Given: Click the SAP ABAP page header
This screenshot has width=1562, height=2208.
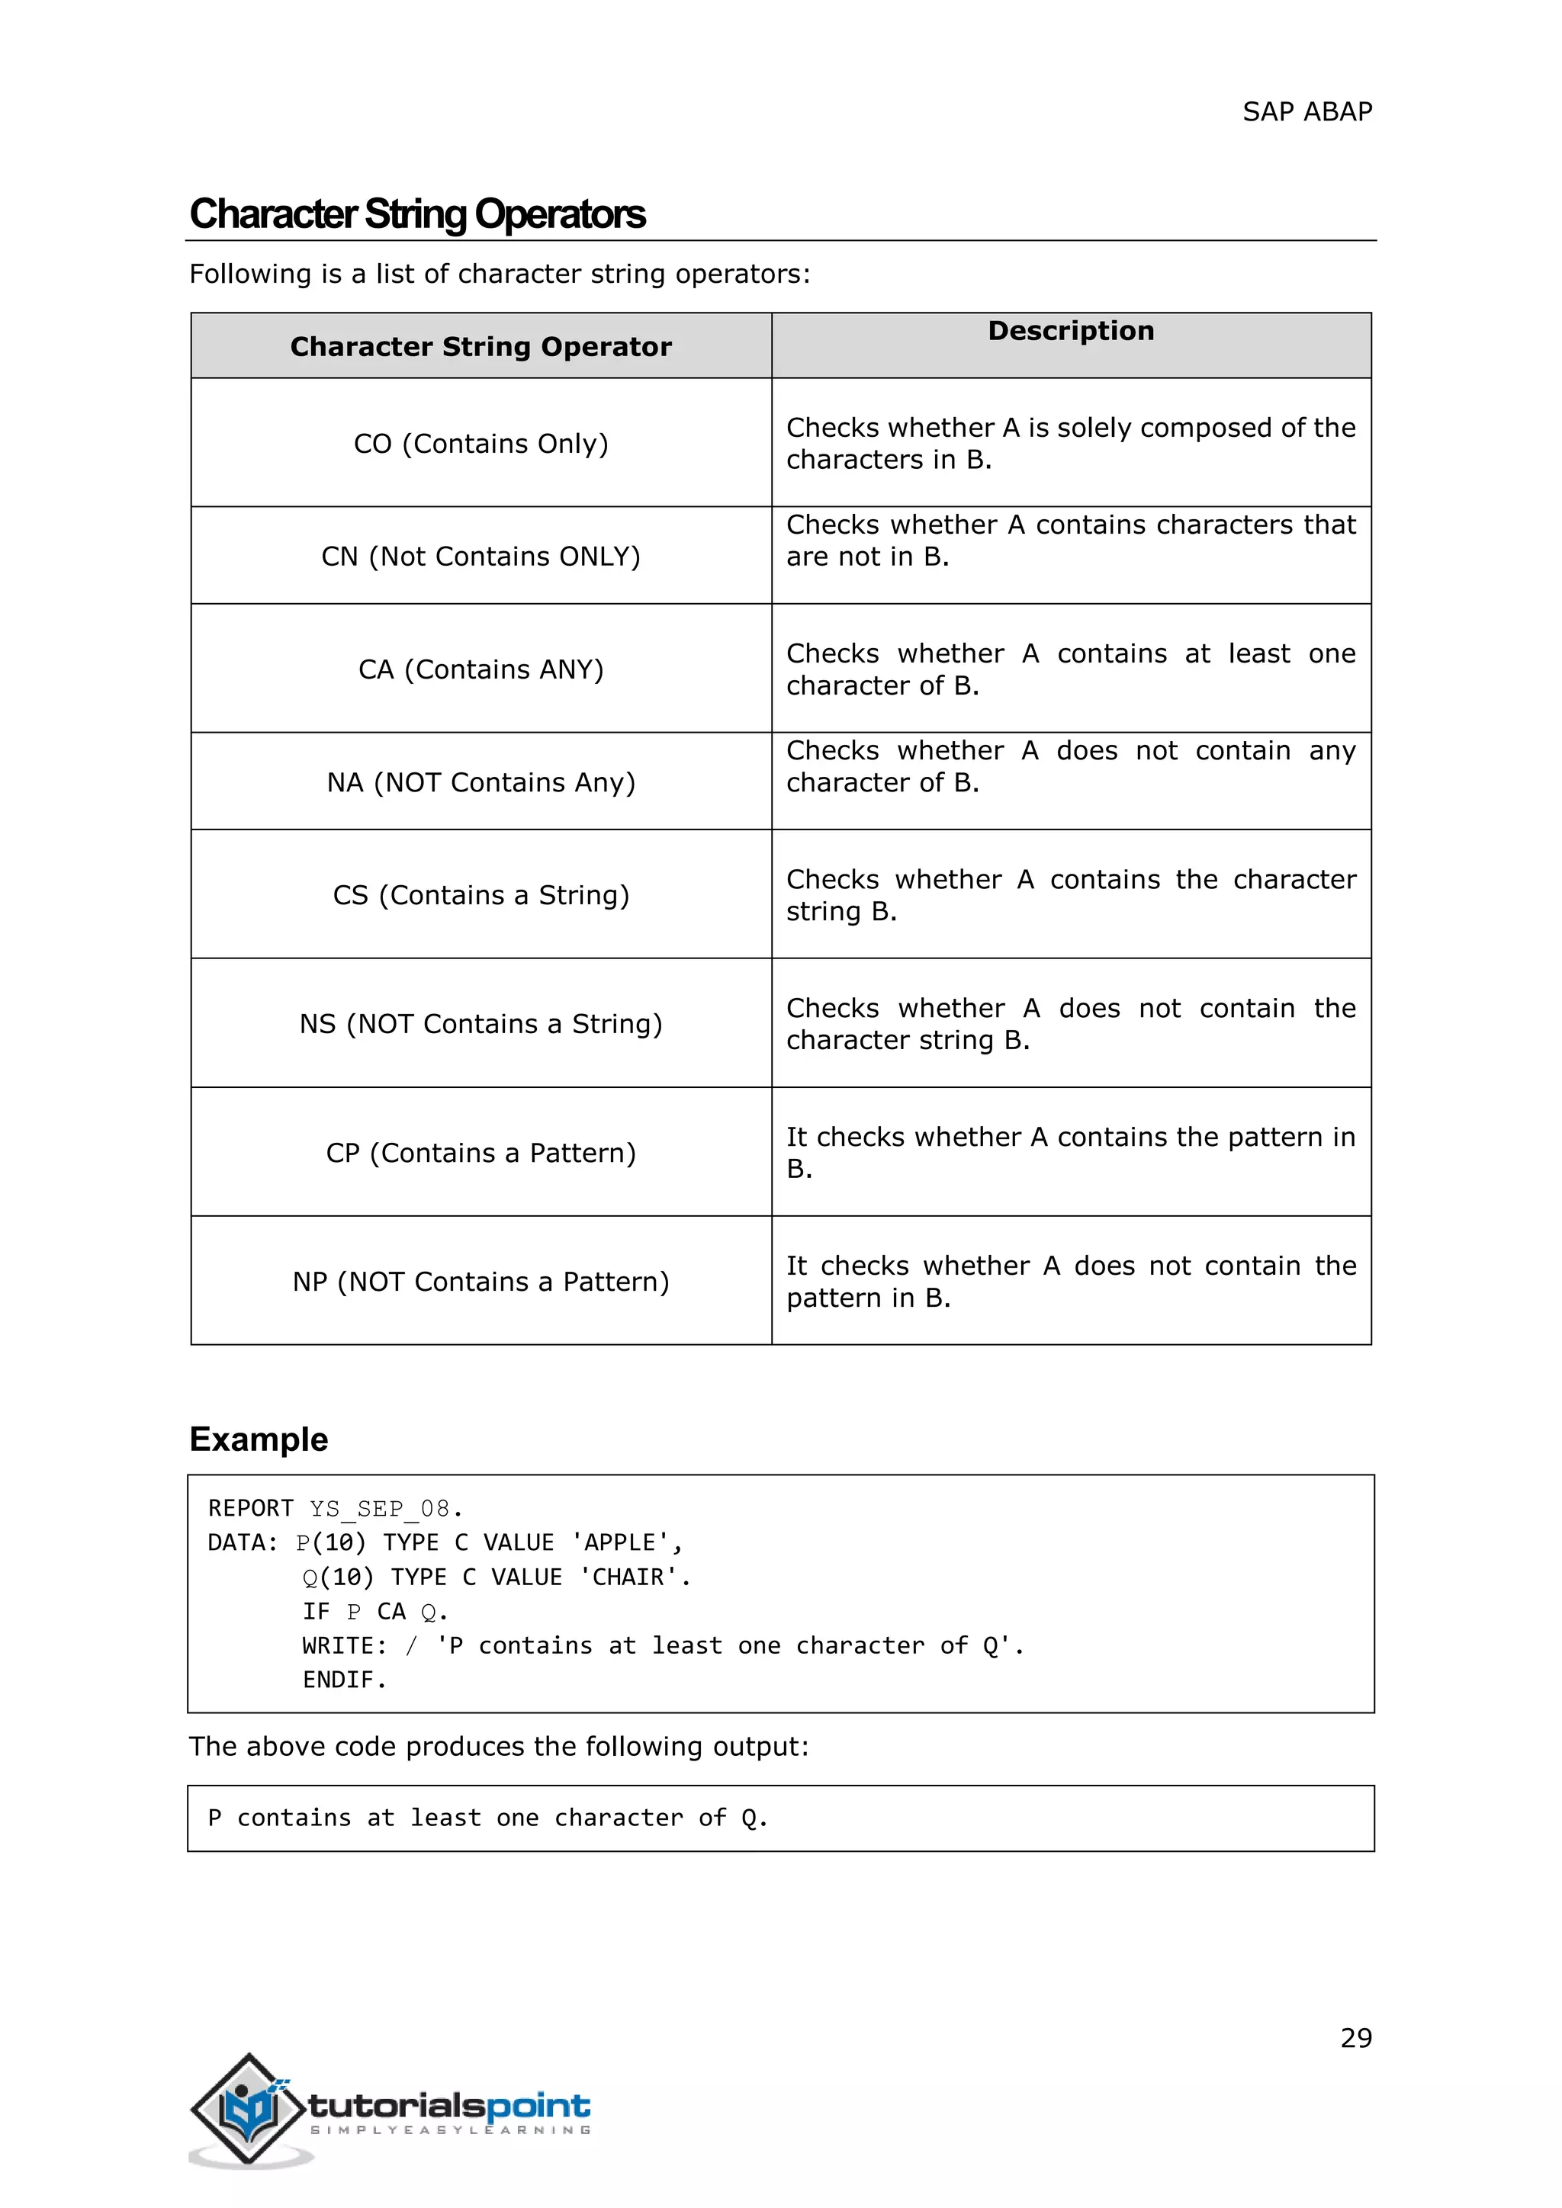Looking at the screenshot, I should (x=1306, y=113).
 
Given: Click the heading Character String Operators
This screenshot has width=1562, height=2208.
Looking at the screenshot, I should (x=417, y=214).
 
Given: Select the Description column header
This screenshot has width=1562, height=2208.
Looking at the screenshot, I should (x=1071, y=331).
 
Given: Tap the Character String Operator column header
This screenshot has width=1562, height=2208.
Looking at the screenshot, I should (x=481, y=347).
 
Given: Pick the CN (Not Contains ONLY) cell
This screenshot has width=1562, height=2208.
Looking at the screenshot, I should (x=481, y=557).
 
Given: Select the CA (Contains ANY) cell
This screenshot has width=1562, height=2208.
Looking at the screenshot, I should (x=481, y=669).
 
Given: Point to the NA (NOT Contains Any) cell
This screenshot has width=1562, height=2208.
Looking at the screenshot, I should (x=481, y=783).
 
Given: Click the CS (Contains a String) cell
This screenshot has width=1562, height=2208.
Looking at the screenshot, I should (x=481, y=895).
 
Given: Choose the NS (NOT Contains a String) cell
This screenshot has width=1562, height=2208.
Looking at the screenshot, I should (x=481, y=1024).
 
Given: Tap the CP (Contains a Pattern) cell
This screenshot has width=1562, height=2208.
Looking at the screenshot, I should (x=481, y=1153).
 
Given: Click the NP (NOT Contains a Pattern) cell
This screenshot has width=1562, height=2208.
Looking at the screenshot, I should (x=481, y=1282).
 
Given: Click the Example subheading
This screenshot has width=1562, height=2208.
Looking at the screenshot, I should (x=259, y=1439).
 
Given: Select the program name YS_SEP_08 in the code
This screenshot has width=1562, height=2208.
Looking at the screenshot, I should (x=379, y=1509).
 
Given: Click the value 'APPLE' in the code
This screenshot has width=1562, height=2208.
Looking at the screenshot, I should (x=620, y=1543).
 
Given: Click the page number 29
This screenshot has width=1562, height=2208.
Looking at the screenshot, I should (x=1355, y=2038).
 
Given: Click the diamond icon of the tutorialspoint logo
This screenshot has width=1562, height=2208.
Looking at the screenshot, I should (x=248, y=2109).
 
